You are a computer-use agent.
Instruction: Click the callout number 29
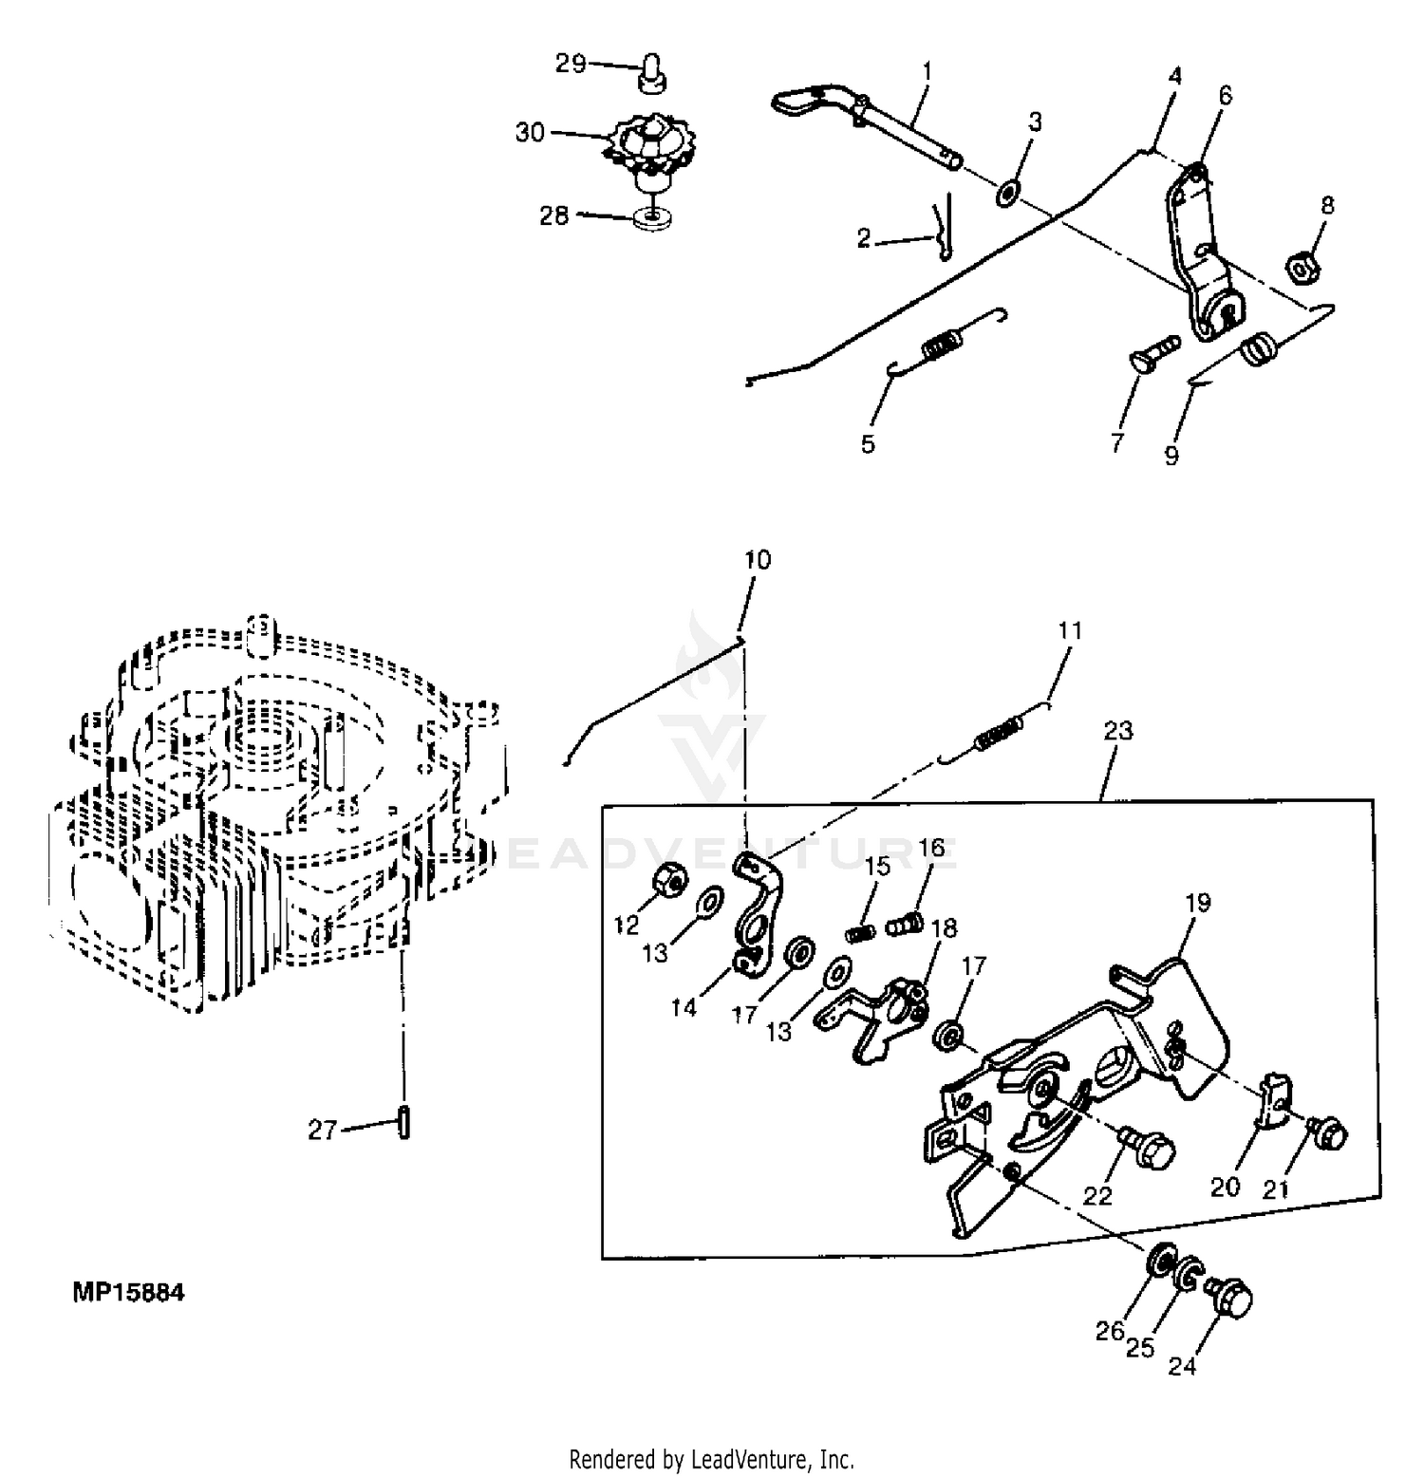click(570, 65)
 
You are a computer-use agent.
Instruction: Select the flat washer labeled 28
click(650, 220)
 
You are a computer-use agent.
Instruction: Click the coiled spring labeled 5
click(942, 344)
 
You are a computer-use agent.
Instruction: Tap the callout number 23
click(1118, 731)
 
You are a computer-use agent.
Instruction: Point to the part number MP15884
click(128, 1293)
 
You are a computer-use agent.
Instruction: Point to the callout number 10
click(757, 560)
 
